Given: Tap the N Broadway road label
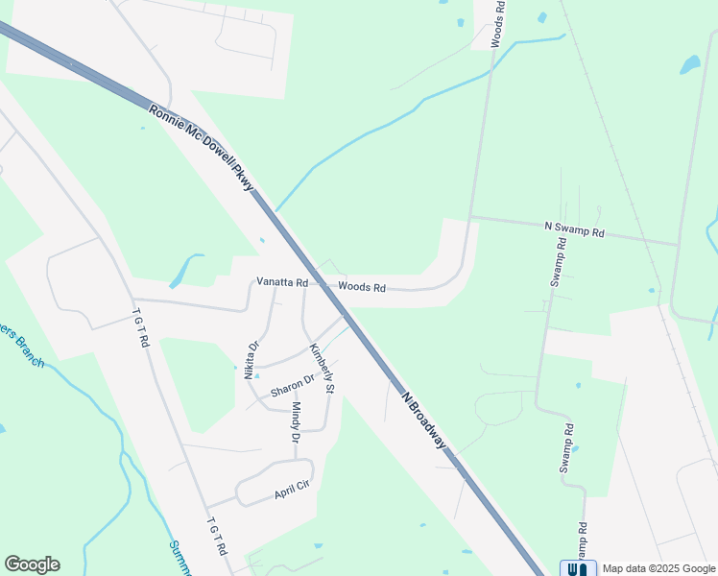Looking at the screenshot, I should (x=424, y=420).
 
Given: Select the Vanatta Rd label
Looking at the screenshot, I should (x=281, y=283).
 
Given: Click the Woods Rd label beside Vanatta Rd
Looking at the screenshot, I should (x=361, y=287).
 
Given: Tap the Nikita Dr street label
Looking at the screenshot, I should (x=252, y=360).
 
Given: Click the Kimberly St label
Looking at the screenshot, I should (x=321, y=369).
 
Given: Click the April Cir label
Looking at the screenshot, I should (x=291, y=492).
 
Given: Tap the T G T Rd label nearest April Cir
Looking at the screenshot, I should (x=217, y=537).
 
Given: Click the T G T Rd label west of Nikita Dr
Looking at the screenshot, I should (x=141, y=327).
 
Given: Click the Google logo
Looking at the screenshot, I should (x=32, y=564).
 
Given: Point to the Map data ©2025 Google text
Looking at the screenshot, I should (x=658, y=568).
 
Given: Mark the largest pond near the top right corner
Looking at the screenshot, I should (x=689, y=64).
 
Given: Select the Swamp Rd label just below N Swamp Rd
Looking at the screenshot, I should (x=559, y=261).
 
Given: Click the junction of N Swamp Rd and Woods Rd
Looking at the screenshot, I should (x=470, y=217).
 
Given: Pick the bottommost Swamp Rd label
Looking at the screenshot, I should (x=582, y=542).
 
